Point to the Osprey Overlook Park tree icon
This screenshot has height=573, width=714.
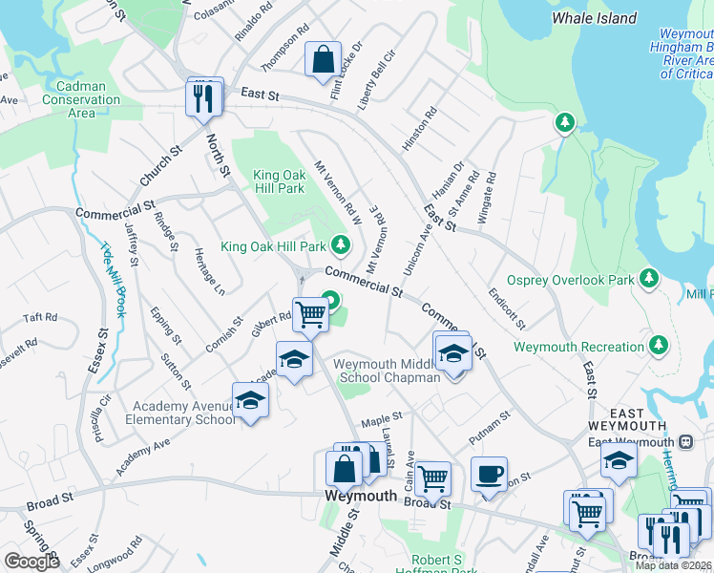[650, 278]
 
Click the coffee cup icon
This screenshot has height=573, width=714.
[489, 475]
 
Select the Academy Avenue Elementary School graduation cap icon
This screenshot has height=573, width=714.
[250, 399]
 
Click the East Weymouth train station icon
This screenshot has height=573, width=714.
[685, 442]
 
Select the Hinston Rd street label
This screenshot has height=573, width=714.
[419, 127]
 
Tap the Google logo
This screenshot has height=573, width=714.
[31, 562]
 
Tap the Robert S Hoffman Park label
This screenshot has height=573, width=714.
[443, 564]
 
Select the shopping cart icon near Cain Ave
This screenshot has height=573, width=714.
[433, 478]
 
